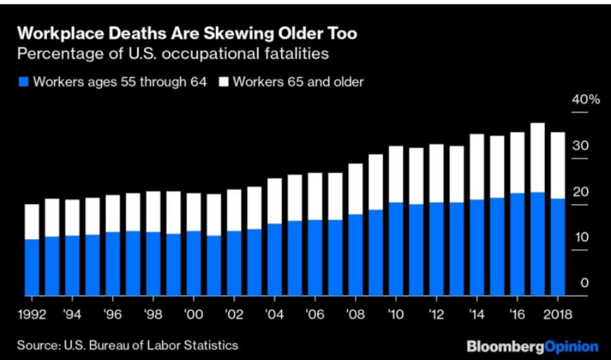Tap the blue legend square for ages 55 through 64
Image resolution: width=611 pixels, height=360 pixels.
coord(22,82)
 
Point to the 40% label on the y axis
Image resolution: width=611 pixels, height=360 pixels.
coord(586,99)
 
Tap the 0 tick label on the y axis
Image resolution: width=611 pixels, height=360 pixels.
coord(584,283)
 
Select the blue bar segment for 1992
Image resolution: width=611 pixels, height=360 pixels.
coord(32,267)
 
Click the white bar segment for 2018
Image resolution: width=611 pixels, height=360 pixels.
coord(558,165)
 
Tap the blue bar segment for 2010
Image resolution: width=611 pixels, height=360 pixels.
coord(397,249)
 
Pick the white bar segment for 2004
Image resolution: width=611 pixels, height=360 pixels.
coord(275,201)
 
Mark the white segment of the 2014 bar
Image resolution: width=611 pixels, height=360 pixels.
coord(477,167)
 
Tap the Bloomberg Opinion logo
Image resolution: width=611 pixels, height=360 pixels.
coord(532,346)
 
